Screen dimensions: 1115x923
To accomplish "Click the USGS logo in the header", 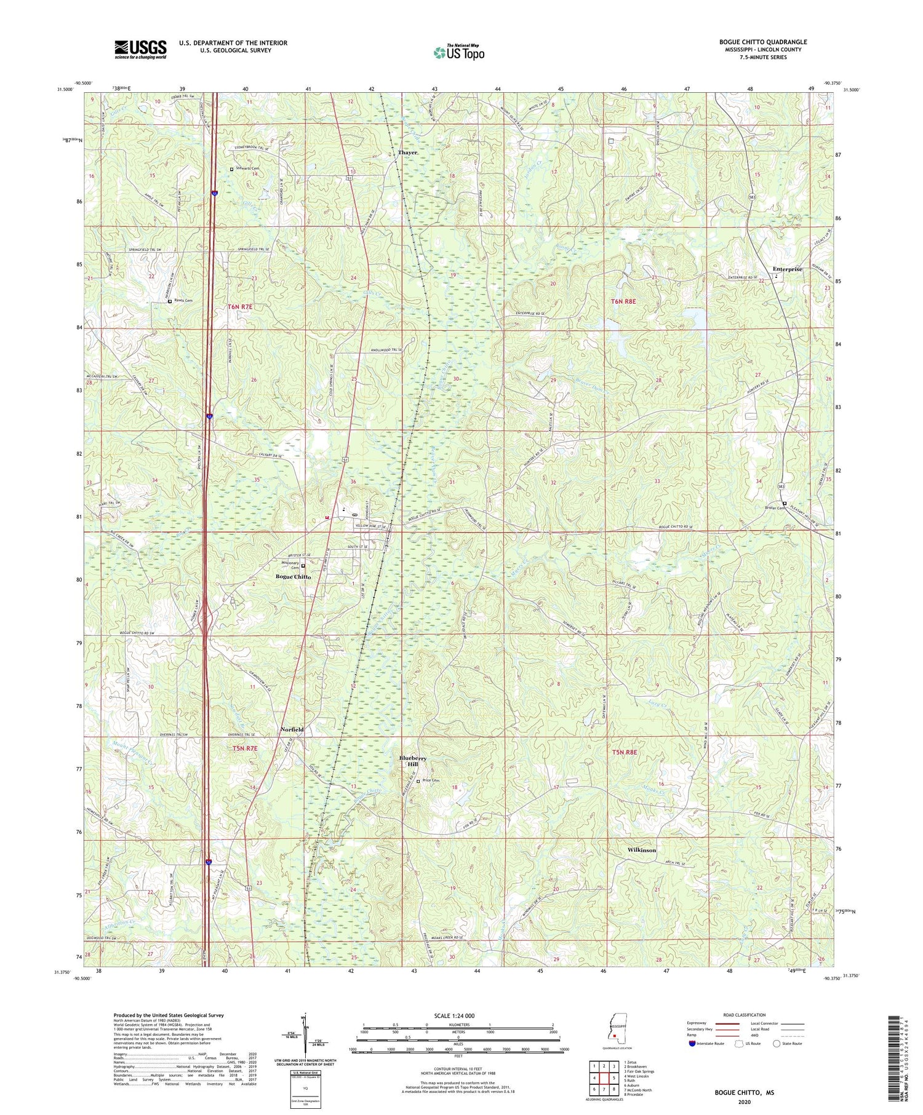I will click(140, 49).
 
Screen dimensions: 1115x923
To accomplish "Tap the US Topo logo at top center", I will click(458, 52).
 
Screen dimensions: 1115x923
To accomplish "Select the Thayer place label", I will click(407, 152).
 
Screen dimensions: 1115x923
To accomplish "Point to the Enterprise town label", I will click(787, 269).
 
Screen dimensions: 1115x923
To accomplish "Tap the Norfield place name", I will click(292, 729).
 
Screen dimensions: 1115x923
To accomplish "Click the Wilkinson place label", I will click(641, 850).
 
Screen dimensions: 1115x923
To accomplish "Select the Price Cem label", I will click(431, 781).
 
